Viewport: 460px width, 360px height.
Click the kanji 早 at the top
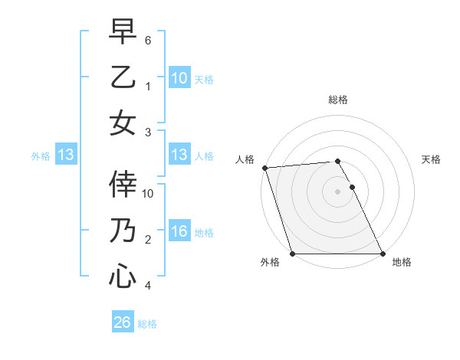pyautogui.click(x=123, y=33)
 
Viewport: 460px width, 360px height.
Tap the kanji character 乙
pyautogui.click(x=123, y=77)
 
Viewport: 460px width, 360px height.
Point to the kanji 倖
pyautogui.click(x=123, y=185)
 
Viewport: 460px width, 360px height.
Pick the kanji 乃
pyautogui.click(x=123, y=230)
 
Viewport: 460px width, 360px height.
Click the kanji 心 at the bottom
pyautogui.click(x=123, y=275)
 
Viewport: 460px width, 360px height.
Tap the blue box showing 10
pyautogui.click(x=179, y=78)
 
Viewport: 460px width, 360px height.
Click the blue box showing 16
pyautogui.click(x=179, y=231)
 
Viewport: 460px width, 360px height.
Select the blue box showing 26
pyautogui.click(x=122, y=323)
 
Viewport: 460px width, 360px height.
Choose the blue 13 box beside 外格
pyautogui.click(x=66, y=155)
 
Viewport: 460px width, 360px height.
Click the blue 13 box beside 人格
pyautogui.click(x=179, y=155)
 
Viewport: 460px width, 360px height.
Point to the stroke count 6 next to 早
pyautogui.click(x=149, y=39)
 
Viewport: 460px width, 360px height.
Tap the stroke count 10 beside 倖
pyautogui.click(x=149, y=193)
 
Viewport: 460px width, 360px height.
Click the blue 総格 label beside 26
pyautogui.click(x=147, y=324)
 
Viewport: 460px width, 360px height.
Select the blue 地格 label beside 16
pyautogui.click(x=204, y=232)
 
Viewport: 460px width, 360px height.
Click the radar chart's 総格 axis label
pyautogui.click(x=337, y=100)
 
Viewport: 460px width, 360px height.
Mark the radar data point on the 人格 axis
pyautogui.click(x=264, y=168)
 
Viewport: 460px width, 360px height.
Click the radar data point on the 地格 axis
pyautogui.click(x=383, y=254)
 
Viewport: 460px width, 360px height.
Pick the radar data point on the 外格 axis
pyautogui.click(x=292, y=254)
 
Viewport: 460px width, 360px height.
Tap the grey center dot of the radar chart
pyautogui.click(x=337, y=191)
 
